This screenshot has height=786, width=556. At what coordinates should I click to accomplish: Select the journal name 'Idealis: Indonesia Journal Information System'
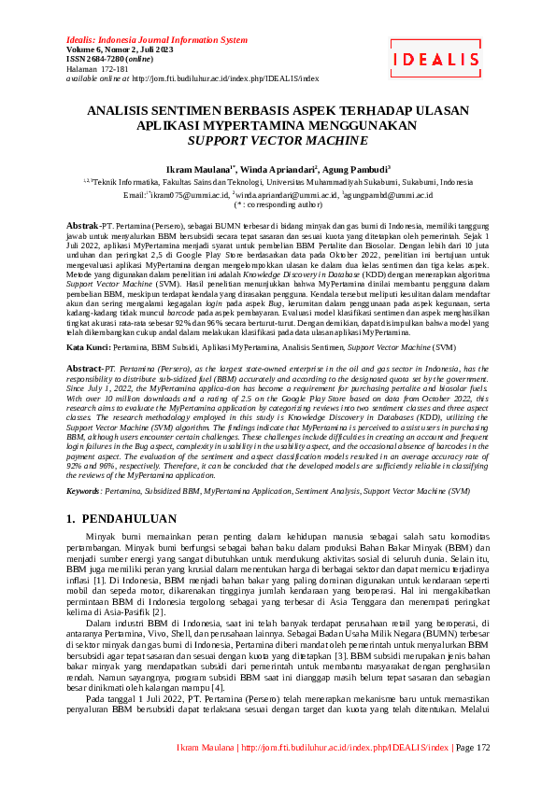(x=157, y=41)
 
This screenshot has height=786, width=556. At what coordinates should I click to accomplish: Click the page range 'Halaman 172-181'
(x=98, y=69)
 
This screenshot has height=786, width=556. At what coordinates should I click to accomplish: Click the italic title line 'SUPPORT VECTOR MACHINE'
(x=278, y=141)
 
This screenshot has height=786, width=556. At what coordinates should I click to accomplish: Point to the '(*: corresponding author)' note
(x=278, y=204)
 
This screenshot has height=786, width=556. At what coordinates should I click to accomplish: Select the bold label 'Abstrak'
(x=82, y=227)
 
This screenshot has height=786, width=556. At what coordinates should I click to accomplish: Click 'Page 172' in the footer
(x=473, y=774)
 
